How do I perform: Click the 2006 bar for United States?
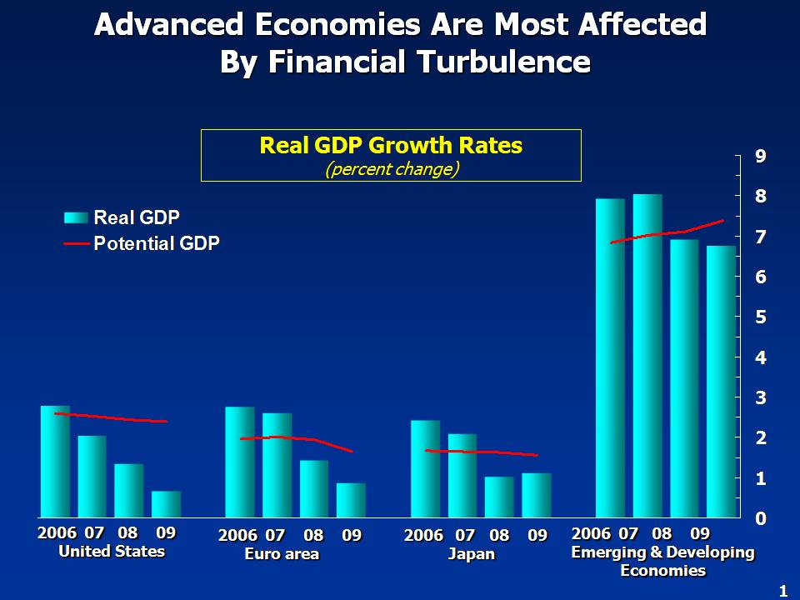pyautogui.click(x=55, y=462)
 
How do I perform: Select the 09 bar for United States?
pyautogui.click(x=166, y=504)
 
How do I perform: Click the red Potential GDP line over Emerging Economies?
pyautogui.click(x=667, y=233)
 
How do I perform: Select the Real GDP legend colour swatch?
pyautogui.click(x=76, y=217)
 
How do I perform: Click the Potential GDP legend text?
pyautogui.click(x=157, y=243)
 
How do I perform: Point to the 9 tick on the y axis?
pyautogui.click(x=761, y=156)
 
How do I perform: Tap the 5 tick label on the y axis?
pyautogui.click(x=761, y=317)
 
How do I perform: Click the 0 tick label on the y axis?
pyautogui.click(x=761, y=518)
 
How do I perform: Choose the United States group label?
pyautogui.click(x=111, y=552)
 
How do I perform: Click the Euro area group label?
pyautogui.click(x=282, y=554)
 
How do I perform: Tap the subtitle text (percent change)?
pyautogui.click(x=391, y=167)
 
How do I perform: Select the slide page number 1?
pyautogui.click(x=782, y=591)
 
